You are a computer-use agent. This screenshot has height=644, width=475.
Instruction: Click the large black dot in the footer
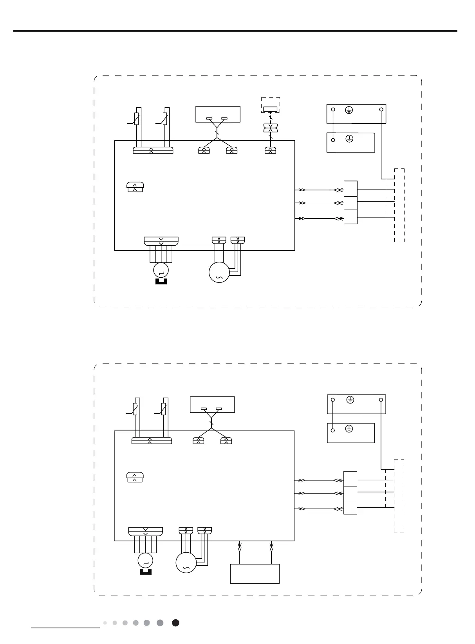pos(176,623)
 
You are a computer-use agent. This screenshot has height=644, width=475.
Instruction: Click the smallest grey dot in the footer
pos(105,623)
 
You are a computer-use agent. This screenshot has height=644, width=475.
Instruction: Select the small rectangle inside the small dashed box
pos(270,109)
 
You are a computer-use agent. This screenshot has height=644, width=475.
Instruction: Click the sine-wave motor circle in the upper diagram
pos(219,273)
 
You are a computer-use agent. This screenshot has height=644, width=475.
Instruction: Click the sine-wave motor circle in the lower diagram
pos(186,563)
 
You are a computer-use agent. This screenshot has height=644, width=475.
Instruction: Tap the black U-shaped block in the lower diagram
pos(145,572)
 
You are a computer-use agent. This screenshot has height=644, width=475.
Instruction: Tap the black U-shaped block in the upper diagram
pos(161,281)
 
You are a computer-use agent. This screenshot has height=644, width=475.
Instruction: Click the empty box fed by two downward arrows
pos(255,574)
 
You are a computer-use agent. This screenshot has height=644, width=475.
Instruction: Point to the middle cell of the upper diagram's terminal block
pos(350,203)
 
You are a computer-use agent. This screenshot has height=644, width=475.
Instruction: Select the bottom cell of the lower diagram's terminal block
pos(350,507)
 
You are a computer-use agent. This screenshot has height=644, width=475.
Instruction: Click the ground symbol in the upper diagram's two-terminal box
pos(349,110)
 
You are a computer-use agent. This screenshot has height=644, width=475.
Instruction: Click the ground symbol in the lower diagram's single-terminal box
pos(349,429)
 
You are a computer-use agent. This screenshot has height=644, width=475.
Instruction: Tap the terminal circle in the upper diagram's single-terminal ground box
pos(333,140)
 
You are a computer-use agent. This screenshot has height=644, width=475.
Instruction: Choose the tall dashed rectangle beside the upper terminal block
pos(399,205)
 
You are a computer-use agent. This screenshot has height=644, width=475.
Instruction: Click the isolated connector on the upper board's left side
pos(135,187)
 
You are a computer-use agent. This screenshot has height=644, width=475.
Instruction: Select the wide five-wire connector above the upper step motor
pos(161,241)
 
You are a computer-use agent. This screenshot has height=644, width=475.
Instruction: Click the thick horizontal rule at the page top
pos(235,31)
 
